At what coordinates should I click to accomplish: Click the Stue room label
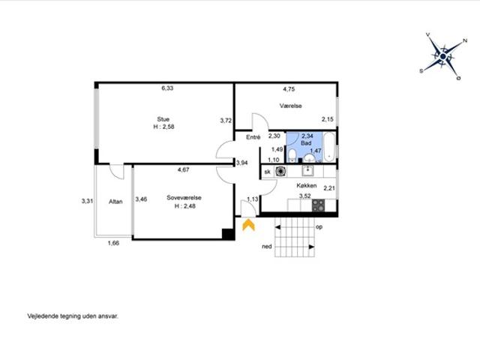click(x=163, y=119)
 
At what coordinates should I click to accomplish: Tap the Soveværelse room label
click(x=184, y=198)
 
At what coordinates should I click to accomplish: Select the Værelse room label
click(x=290, y=106)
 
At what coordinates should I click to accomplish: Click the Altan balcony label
click(x=115, y=202)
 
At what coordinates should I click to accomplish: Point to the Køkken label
click(x=307, y=185)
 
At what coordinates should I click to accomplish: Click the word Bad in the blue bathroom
click(x=306, y=143)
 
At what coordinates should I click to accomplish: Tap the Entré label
click(x=253, y=137)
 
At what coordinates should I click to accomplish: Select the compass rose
click(x=443, y=57)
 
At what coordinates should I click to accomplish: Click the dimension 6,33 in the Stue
click(x=167, y=88)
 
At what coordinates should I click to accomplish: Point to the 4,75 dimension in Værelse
click(x=289, y=89)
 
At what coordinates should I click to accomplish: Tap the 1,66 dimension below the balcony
click(x=113, y=243)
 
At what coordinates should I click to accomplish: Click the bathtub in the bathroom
click(x=330, y=147)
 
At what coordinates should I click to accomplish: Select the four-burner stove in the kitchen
click(x=318, y=205)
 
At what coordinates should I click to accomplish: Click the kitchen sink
click(x=307, y=171)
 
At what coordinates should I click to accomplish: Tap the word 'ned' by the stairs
click(x=267, y=247)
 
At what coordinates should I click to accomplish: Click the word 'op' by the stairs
click(x=319, y=227)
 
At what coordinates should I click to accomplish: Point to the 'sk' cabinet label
click(x=268, y=172)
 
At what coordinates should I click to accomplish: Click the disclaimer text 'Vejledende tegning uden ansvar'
click(x=73, y=316)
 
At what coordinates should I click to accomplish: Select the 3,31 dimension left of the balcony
click(x=87, y=202)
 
